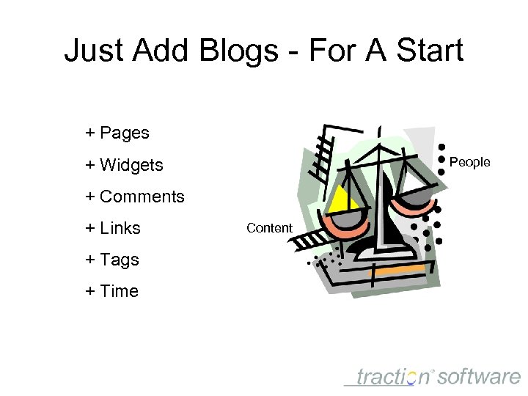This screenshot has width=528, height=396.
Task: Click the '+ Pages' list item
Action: pos(117,133)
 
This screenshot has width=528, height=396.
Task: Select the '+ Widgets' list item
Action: pos(124,165)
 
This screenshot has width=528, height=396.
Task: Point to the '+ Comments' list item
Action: pos(135,197)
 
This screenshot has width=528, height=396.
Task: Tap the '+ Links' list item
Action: pos(113,228)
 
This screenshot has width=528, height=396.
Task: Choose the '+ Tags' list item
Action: pos(112,260)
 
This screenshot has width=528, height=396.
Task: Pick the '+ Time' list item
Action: pos(111,291)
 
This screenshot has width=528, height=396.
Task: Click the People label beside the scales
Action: pos(469,162)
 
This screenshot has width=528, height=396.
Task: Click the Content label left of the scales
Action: pos(269,228)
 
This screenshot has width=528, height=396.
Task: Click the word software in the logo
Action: pos(480,377)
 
